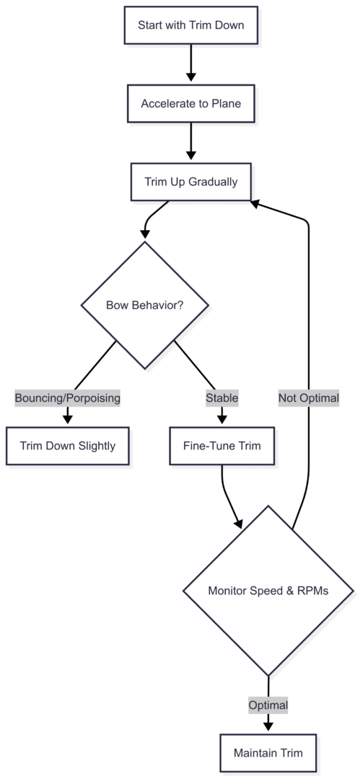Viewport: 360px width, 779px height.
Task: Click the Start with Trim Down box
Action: [x=190, y=26]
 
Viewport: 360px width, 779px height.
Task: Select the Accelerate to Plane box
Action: [x=190, y=104]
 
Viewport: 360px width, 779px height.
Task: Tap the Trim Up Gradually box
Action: [x=190, y=182]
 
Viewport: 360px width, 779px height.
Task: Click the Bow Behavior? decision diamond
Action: [x=145, y=304]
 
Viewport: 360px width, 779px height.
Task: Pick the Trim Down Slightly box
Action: [x=69, y=446]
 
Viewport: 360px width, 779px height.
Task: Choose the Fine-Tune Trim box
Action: [x=221, y=446]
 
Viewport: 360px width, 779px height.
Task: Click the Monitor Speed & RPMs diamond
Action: [x=268, y=591]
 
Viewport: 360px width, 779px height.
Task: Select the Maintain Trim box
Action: [x=268, y=753]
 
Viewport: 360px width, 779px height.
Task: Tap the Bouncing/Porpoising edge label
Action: [x=69, y=397]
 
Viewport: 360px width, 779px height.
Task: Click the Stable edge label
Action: [x=221, y=397]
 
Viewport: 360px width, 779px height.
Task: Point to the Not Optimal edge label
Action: [x=309, y=397]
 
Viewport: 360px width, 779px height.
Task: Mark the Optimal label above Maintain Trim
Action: [x=268, y=705]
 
